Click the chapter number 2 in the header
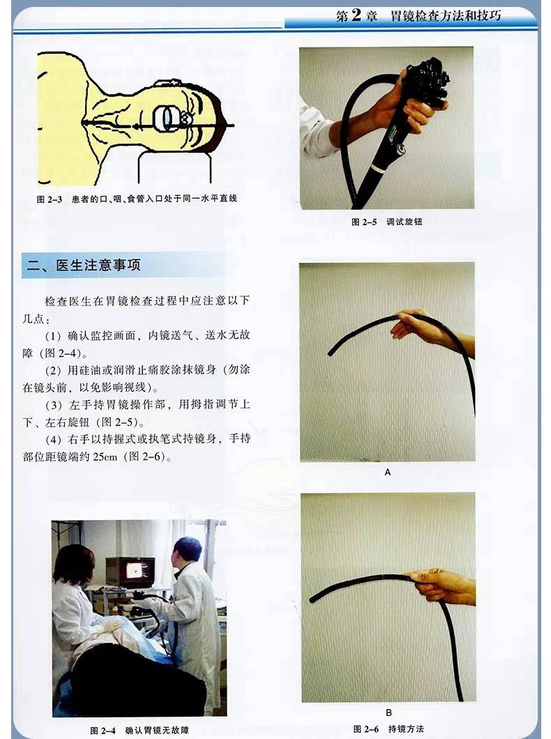point(355,15)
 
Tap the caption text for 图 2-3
point(137,199)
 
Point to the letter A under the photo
point(388,472)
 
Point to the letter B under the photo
point(388,712)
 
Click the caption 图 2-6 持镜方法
point(388,729)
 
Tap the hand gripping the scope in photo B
point(439,585)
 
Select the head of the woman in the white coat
point(73,563)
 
